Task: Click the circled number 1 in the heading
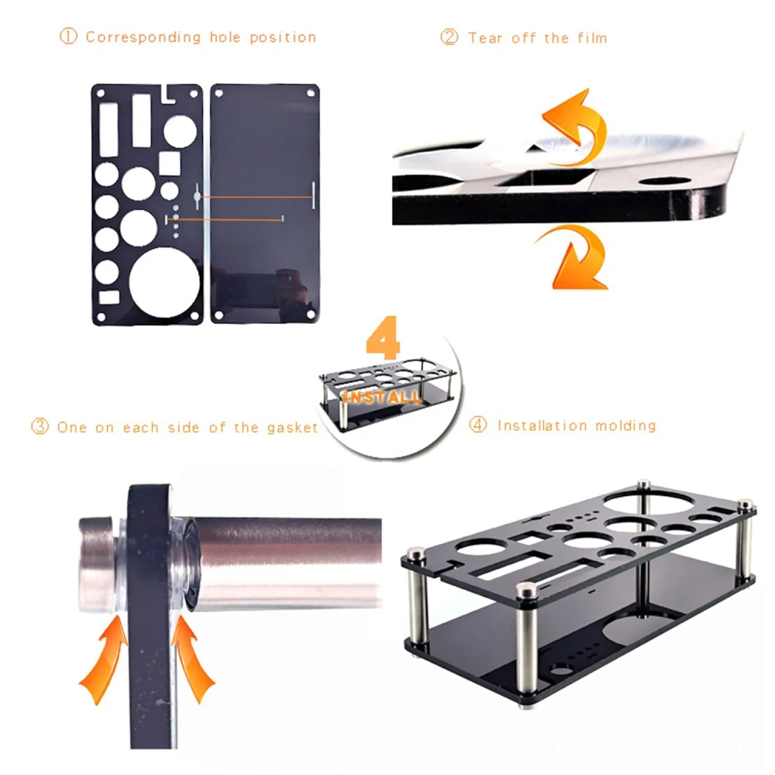click(x=69, y=36)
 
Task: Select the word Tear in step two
click(x=486, y=37)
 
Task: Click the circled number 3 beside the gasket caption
click(x=40, y=427)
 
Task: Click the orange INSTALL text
click(x=383, y=398)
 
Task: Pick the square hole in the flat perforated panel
click(x=170, y=162)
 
